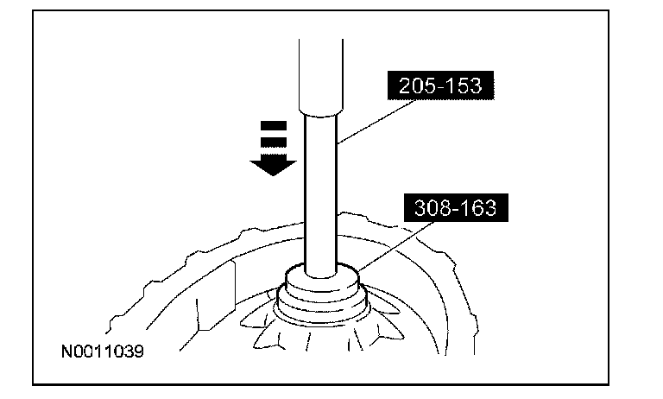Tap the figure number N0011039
[x=103, y=352]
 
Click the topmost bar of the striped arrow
[x=273, y=126]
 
